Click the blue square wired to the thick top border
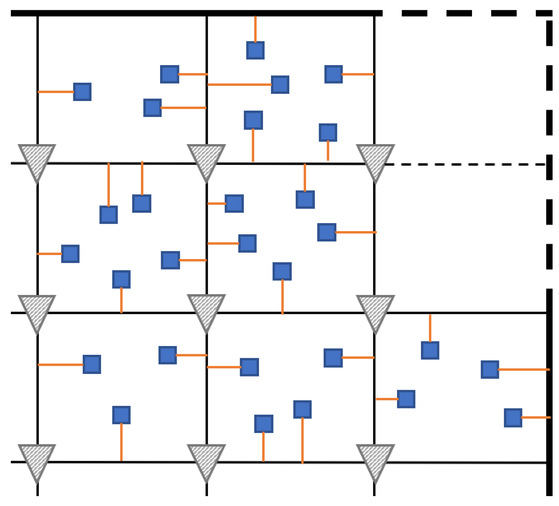click(255, 50)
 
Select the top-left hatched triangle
click(37, 161)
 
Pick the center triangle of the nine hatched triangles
click(206, 311)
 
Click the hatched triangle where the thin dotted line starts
click(375, 161)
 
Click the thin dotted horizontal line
click(465, 164)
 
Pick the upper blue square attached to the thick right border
click(490, 369)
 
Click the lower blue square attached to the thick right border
click(513, 418)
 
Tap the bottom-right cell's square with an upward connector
click(430, 350)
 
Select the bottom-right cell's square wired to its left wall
click(406, 399)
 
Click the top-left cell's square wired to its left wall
click(82, 92)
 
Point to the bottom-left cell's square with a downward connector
click(121, 415)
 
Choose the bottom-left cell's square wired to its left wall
click(92, 364)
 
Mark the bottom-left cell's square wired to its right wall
click(168, 355)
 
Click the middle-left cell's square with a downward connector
click(121, 279)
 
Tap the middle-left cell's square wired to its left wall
click(70, 254)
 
